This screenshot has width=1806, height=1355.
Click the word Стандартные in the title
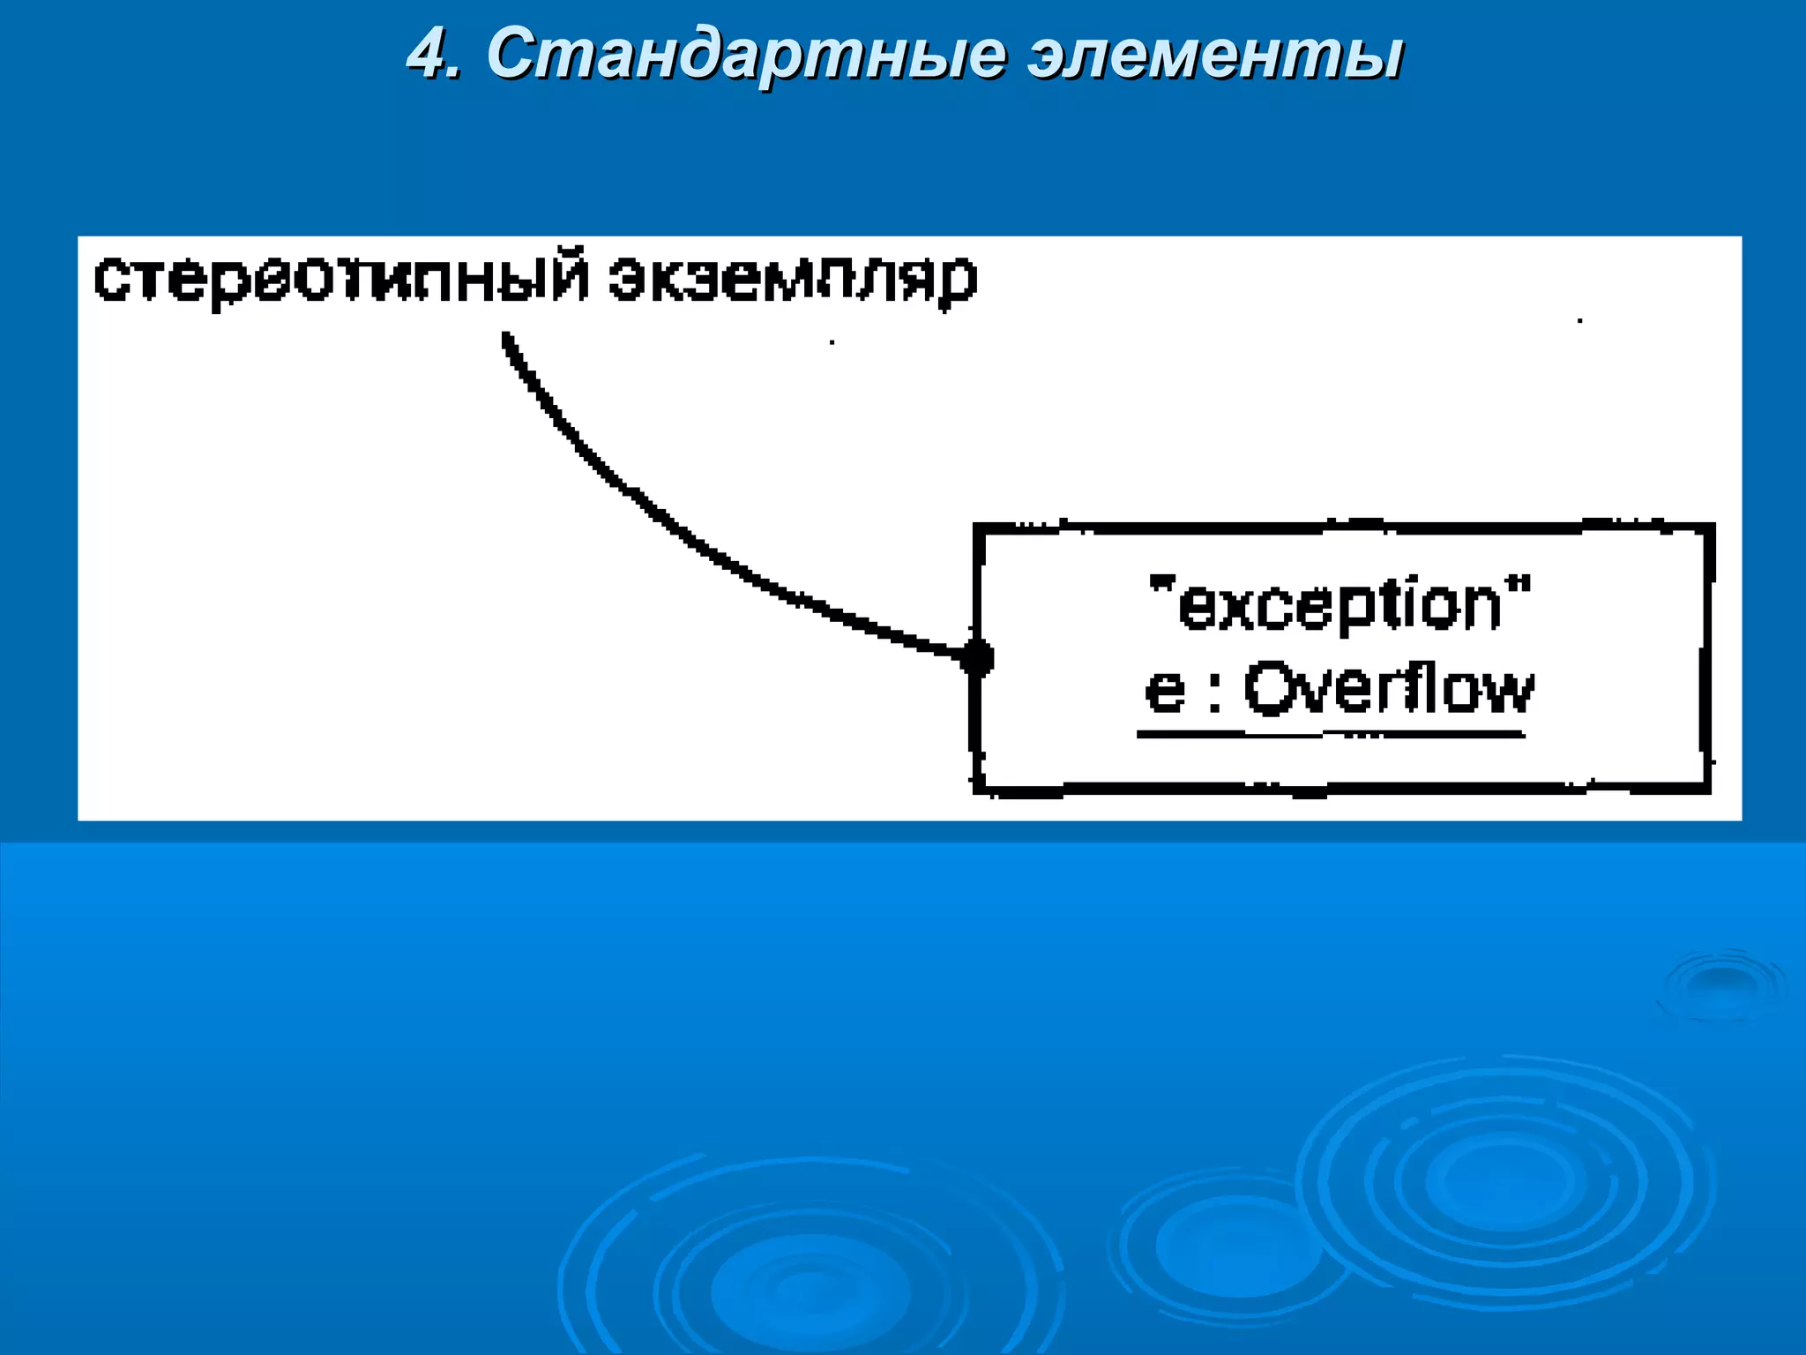(x=745, y=55)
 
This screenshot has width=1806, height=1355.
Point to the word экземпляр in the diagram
(x=793, y=280)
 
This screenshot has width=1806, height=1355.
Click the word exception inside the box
(x=1340, y=605)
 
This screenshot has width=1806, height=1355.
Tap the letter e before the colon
(x=1164, y=690)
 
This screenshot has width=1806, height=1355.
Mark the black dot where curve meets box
(x=976, y=658)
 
